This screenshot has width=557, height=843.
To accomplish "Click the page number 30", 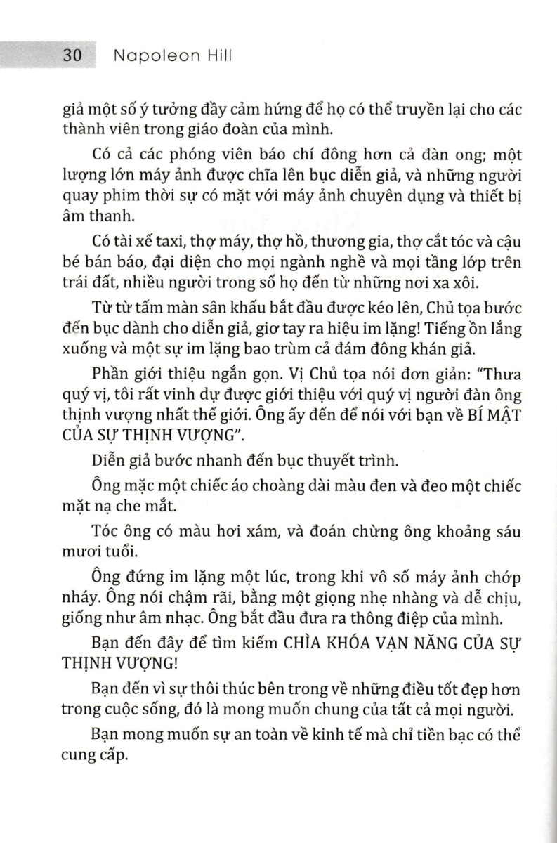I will tap(73, 58).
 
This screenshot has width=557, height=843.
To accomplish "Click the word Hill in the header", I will tap(216, 58).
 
